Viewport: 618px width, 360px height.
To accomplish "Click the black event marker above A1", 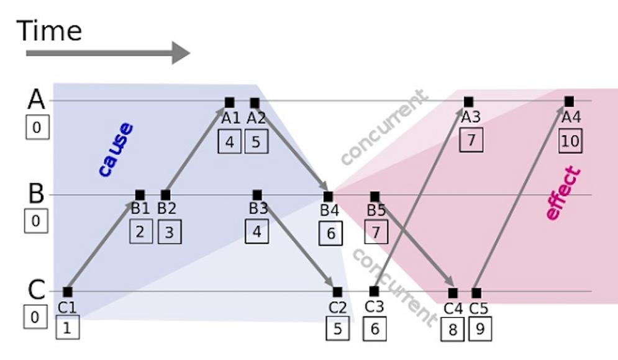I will (x=229, y=102).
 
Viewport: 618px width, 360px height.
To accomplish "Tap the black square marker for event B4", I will (x=329, y=196).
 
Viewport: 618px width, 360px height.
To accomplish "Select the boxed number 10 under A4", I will (x=570, y=142).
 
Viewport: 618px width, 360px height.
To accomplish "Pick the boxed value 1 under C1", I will (x=67, y=327).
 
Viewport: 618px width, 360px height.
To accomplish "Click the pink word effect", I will (x=562, y=194).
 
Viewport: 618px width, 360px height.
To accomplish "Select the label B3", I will (x=258, y=209).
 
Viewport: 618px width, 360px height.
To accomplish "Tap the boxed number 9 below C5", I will (x=479, y=329).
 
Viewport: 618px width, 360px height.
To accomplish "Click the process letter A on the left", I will (x=36, y=100).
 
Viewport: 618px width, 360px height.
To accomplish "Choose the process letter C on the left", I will (x=36, y=290).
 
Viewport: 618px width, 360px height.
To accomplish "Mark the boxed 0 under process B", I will (x=36, y=222).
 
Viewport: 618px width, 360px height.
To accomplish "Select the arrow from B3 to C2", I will (x=297, y=243).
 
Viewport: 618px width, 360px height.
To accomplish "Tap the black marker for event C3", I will (x=374, y=290).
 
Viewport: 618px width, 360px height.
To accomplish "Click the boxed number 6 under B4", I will (x=330, y=233).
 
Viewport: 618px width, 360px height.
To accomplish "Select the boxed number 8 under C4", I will (x=453, y=329).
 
